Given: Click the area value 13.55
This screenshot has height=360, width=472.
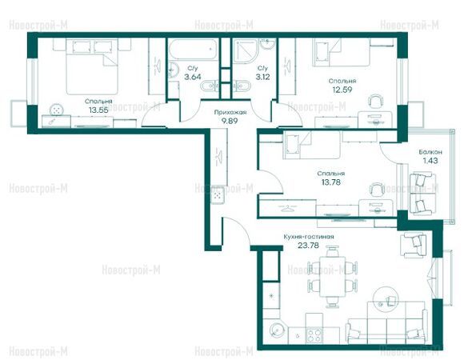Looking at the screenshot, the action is (98, 110).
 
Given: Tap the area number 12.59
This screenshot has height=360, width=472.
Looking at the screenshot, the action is (342, 90).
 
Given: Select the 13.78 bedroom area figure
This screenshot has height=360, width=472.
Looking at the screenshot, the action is (331, 182).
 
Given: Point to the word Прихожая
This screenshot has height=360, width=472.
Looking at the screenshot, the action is (230, 113).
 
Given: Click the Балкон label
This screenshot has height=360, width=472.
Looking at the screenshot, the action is (430, 152).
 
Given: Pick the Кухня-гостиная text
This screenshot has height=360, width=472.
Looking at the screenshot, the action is (309, 237).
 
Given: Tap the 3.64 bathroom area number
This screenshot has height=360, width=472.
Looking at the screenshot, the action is (193, 77).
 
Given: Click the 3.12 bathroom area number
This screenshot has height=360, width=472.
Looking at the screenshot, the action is (262, 77).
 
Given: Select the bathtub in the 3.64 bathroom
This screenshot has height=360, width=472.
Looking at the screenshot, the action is (193, 50).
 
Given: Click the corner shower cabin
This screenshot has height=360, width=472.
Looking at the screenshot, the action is (246, 50).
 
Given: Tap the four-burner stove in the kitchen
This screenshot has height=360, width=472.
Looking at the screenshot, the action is (314, 334).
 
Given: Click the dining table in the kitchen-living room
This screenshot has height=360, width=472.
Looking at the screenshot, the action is (332, 277).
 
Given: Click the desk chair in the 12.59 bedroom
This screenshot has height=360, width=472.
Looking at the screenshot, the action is (376, 102).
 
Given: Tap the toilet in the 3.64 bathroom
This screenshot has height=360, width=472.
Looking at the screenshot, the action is (209, 86).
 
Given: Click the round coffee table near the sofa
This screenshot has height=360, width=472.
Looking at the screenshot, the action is (386, 298).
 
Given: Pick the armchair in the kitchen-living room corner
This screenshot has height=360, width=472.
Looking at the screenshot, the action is (413, 245).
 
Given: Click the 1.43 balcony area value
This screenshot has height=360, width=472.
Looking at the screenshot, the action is (430, 161).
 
